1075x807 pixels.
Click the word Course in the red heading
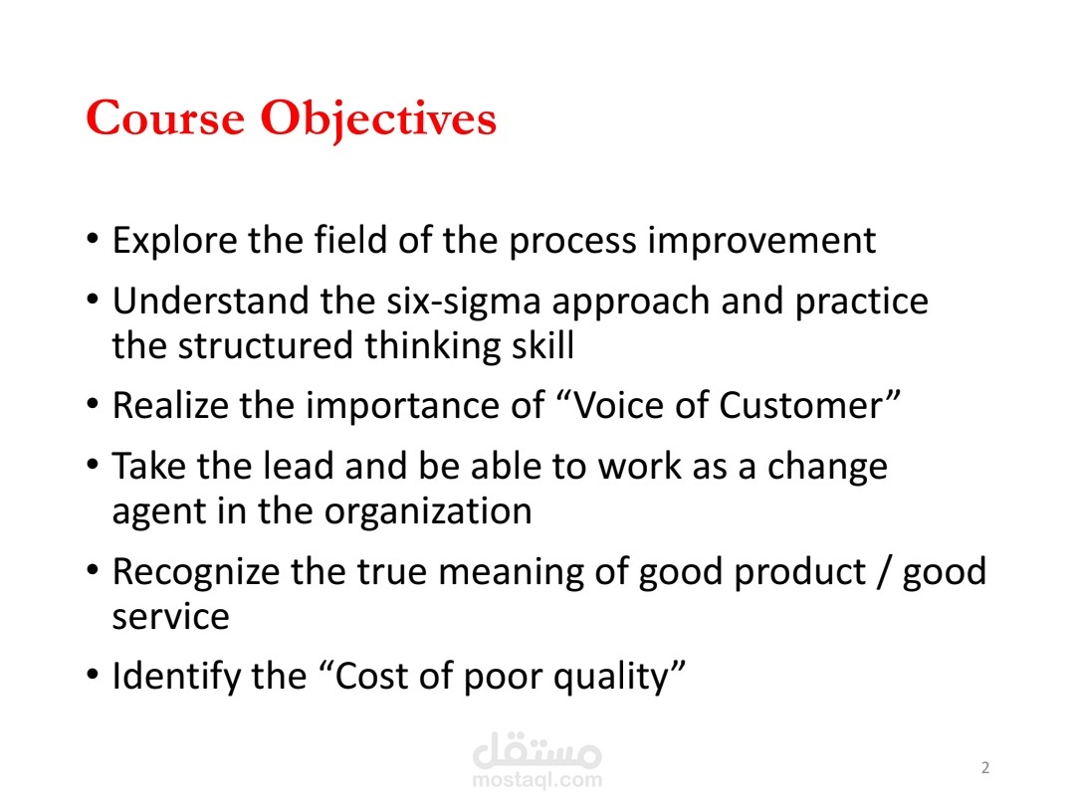click(165, 119)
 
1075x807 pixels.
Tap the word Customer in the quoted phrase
click(805, 406)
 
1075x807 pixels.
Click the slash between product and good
click(881, 572)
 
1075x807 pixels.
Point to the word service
click(170, 617)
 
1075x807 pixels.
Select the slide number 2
click(985, 767)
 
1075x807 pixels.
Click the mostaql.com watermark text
click(537, 781)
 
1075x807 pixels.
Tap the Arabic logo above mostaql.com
click(537, 748)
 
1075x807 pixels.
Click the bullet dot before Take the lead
click(94, 467)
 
